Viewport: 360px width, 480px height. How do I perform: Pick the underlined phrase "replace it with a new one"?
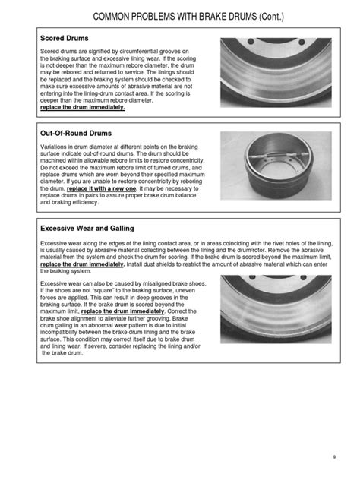(95, 189)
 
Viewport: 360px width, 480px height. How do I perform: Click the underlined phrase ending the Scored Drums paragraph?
(82, 109)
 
